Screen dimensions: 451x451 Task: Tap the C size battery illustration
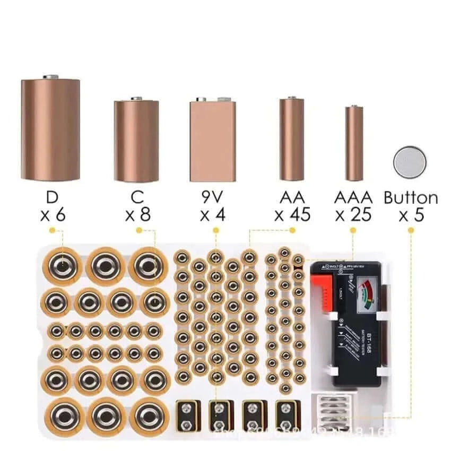(136, 141)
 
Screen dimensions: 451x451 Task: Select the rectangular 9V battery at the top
(212, 141)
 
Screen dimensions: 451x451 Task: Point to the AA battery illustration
(292, 139)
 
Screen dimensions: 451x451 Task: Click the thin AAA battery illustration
(354, 143)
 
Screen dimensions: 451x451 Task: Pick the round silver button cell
(410, 162)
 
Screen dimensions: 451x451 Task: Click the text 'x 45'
(292, 215)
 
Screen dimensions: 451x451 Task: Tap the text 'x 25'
(353, 215)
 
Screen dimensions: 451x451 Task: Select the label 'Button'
(411, 198)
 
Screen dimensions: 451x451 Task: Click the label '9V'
(213, 198)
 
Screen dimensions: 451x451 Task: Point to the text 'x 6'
(52, 215)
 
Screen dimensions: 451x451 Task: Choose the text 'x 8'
(137, 215)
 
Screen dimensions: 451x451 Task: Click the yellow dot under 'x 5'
(411, 230)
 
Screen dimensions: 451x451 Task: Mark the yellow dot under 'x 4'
(216, 230)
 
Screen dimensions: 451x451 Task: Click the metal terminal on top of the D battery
(51, 77)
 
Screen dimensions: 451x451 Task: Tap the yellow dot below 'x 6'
(52, 230)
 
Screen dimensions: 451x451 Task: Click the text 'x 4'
(213, 215)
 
